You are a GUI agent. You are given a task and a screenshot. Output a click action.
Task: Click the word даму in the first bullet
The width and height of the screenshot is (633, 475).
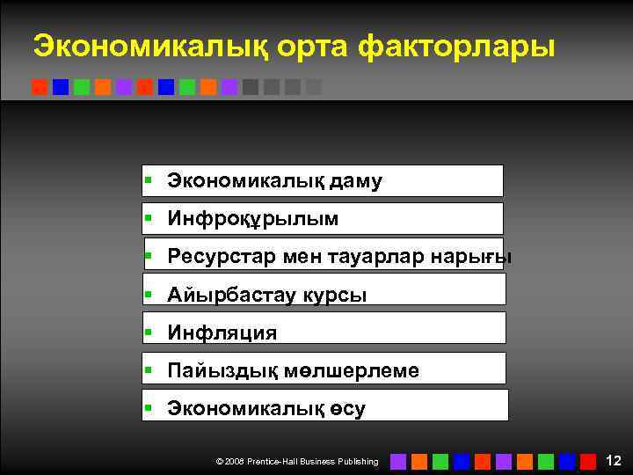coord(356,181)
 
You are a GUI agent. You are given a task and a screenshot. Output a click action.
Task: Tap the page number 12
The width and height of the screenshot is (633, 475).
coord(614,460)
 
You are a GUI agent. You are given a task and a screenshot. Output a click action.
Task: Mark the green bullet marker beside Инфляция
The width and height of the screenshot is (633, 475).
coord(149,332)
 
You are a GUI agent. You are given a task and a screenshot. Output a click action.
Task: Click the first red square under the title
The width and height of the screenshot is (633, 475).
coord(39,87)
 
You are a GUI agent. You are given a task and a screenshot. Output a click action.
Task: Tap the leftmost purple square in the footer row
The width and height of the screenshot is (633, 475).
coord(398,461)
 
